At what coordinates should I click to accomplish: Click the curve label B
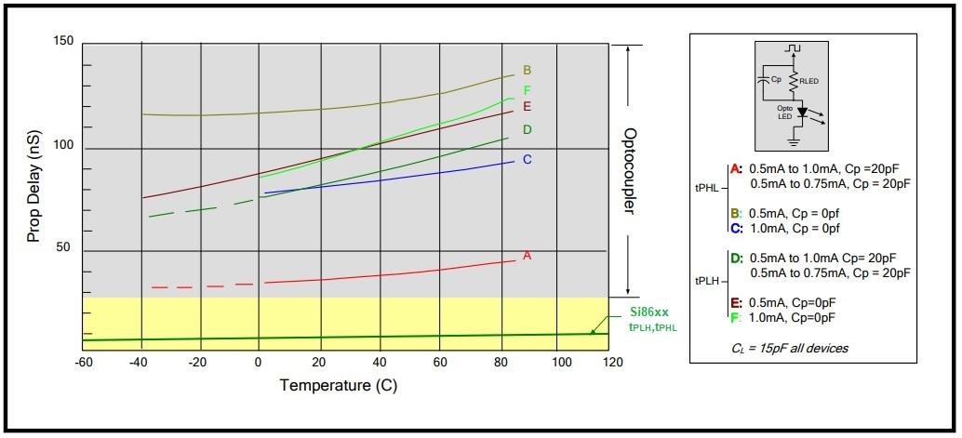point(527,70)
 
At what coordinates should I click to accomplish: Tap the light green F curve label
point(527,90)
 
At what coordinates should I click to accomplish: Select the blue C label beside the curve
point(527,159)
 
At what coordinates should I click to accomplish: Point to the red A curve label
point(527,255)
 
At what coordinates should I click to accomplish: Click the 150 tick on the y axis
point(62,42)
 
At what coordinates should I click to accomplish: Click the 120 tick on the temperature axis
point(610,361)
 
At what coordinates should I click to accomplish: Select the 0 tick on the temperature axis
point(259,361)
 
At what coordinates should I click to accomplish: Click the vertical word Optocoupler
point(629,171)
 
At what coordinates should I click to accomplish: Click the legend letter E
point(735,302)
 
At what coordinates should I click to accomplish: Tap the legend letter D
point(735,258)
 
